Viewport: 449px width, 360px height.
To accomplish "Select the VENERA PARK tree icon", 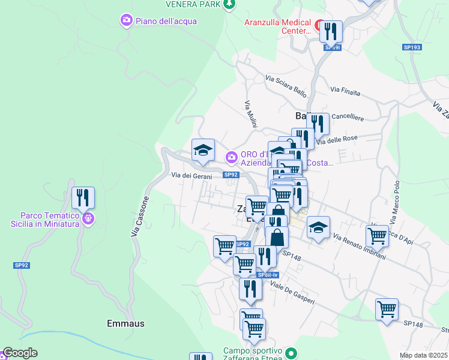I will point(229,5).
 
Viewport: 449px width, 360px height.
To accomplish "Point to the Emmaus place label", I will point(125,323).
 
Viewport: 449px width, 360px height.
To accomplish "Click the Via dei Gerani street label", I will point(191,175).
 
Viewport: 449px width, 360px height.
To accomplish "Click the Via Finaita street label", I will point(345,92).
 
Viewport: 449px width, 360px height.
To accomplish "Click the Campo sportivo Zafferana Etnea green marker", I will point(292,353).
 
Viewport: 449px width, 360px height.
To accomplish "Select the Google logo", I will point(19,353).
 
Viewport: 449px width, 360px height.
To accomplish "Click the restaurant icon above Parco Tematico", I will point(83,197).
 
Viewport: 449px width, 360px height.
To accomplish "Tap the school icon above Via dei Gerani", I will point(203,150).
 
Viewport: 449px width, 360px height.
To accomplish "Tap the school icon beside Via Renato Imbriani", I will point(318,227).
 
